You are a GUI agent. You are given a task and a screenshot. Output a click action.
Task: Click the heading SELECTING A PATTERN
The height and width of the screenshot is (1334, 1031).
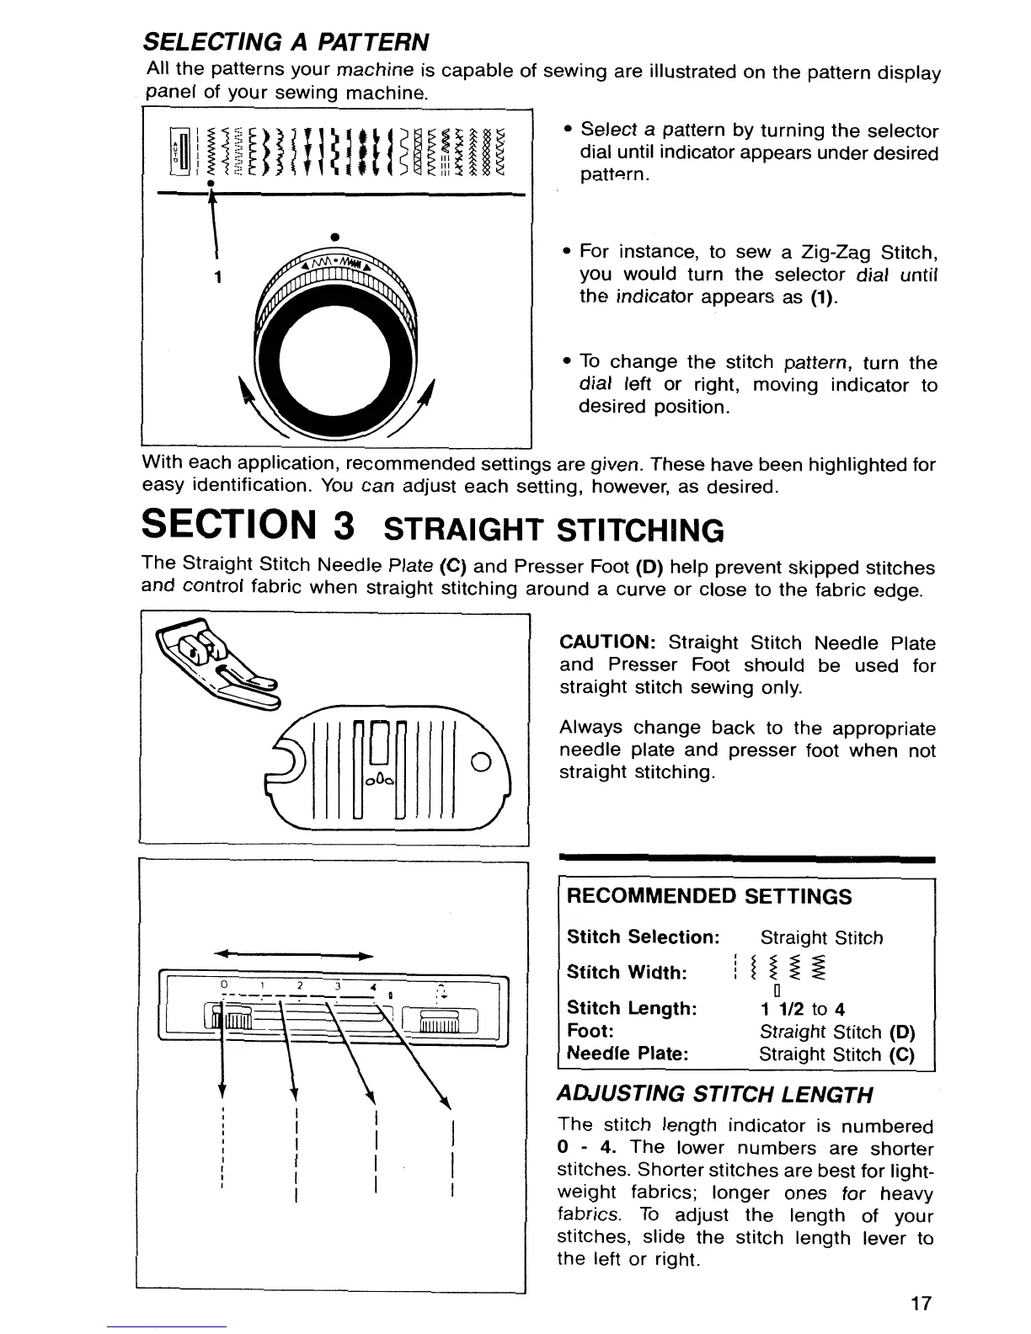coord(286,41)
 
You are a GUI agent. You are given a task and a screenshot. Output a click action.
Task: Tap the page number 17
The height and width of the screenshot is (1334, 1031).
coord(921,1304)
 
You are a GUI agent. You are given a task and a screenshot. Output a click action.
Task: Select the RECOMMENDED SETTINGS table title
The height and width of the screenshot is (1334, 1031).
coord(710,896)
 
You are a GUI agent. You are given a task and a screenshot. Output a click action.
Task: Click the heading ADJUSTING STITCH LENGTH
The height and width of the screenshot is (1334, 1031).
coord(715,1095)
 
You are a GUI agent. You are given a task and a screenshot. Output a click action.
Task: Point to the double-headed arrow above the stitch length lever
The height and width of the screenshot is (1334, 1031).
coord(294,956)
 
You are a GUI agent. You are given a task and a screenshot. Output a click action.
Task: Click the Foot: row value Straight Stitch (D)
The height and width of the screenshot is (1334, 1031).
coord(836,1032)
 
